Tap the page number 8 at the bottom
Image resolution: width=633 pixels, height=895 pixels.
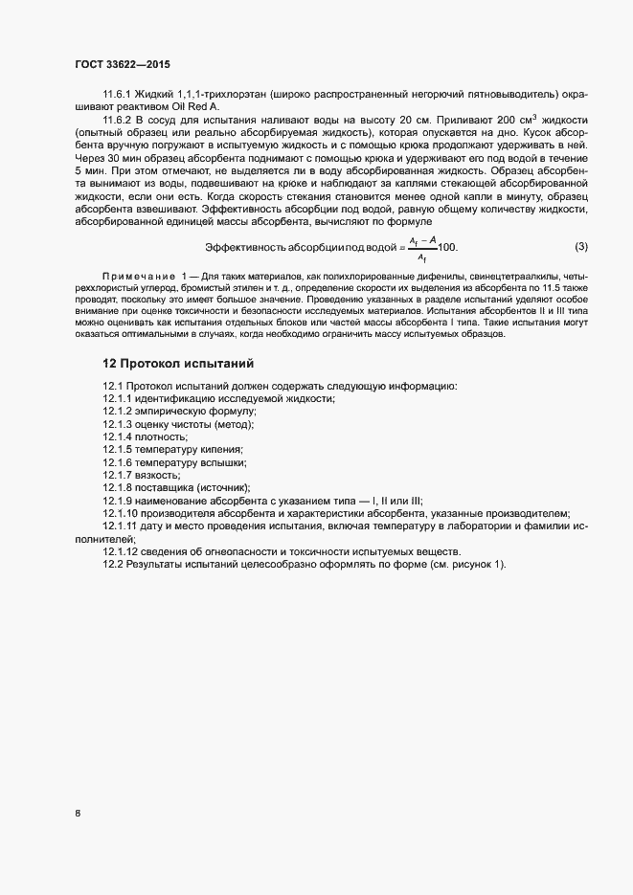tap(78, 815)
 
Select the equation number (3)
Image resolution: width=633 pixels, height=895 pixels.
tap(580, 246)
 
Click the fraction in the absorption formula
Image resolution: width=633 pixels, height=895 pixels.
tap(421, 248)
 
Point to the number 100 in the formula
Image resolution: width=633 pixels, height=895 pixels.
tap(447, 247)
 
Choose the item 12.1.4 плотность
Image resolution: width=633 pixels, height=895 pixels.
tap(146, 436)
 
